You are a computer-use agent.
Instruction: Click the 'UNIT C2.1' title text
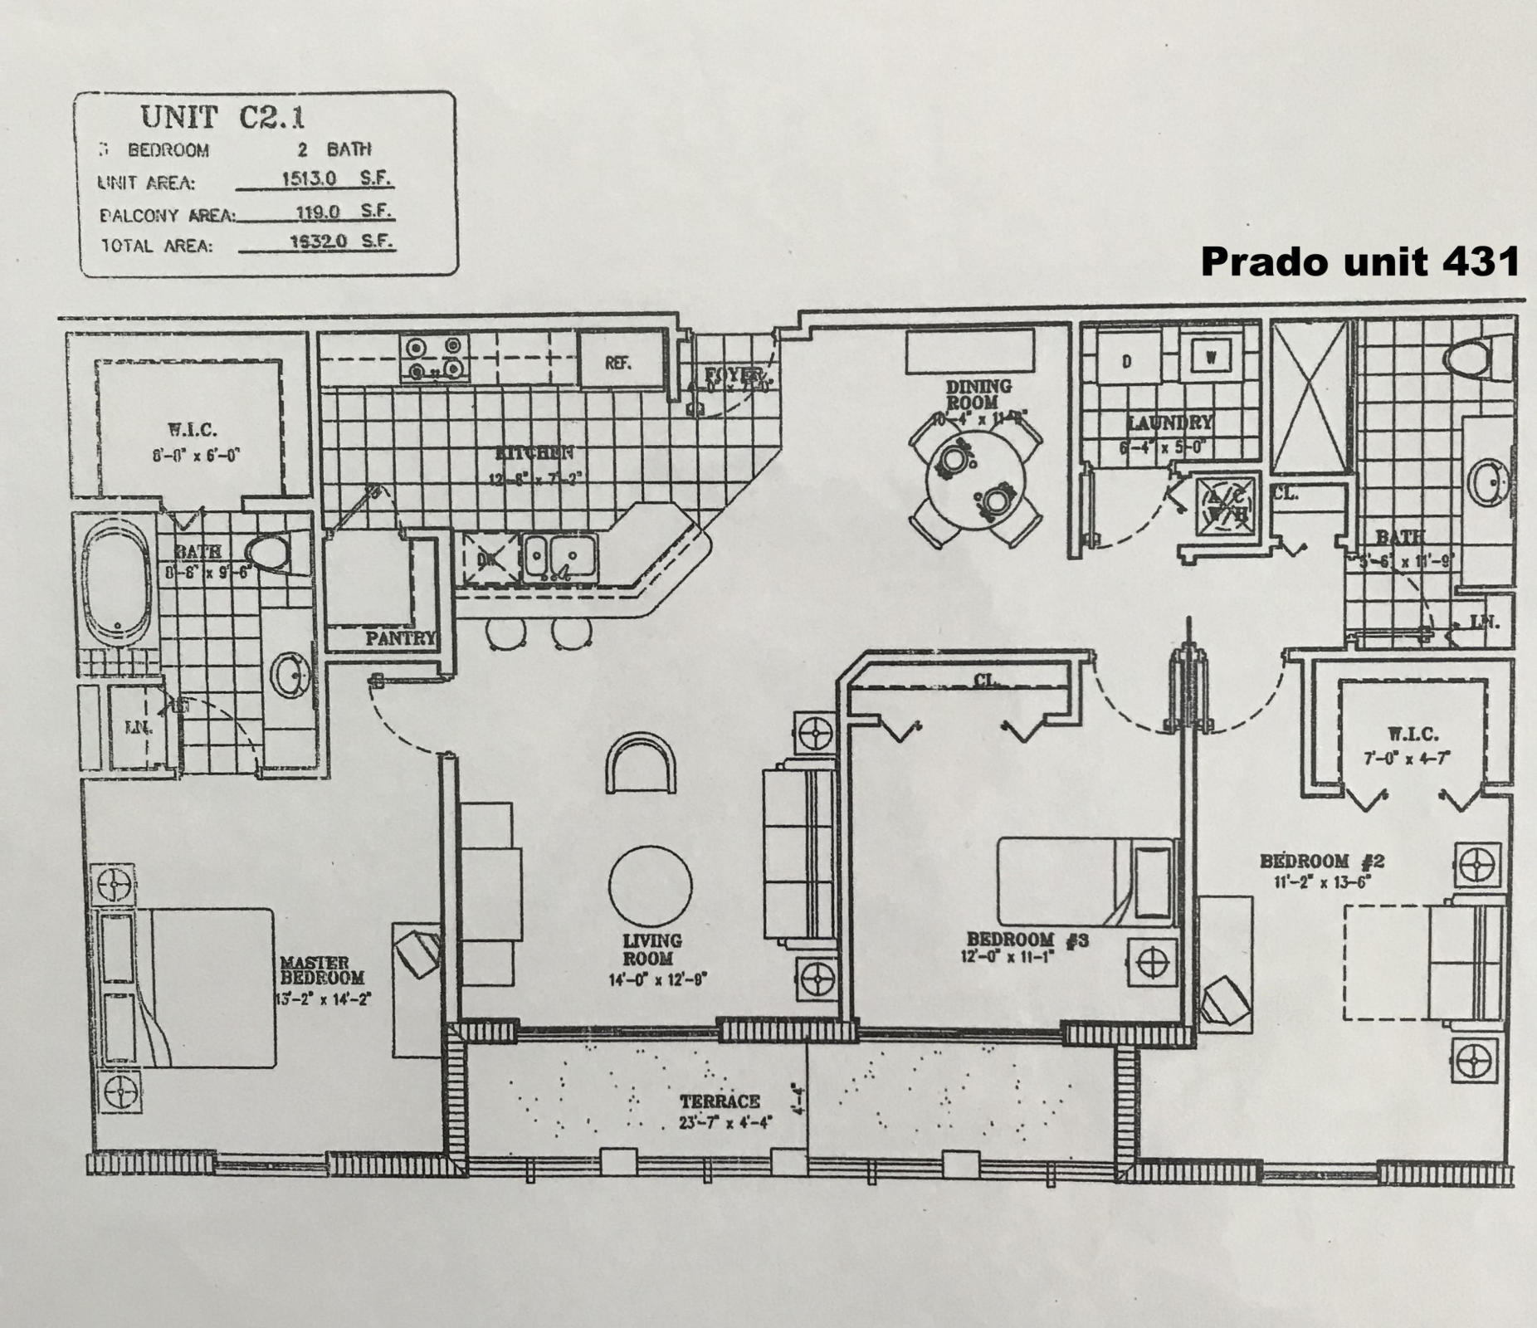click(222, 117)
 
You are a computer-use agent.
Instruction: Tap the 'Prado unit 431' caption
click(1359, 262)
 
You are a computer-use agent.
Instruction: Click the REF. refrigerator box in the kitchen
click(619, 363)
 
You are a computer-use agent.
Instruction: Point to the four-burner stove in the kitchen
click(434, 358)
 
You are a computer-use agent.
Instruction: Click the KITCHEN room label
click(534, 453)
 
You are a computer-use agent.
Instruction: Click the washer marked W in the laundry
click(1211, 357)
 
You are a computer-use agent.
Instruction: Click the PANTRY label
click(401, 638)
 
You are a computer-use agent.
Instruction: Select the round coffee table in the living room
click(650, 886)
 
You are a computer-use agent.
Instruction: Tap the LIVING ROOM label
click(653, 950)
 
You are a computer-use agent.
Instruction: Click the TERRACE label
click(720, 1101)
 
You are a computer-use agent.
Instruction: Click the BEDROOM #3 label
click(1027, 940)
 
